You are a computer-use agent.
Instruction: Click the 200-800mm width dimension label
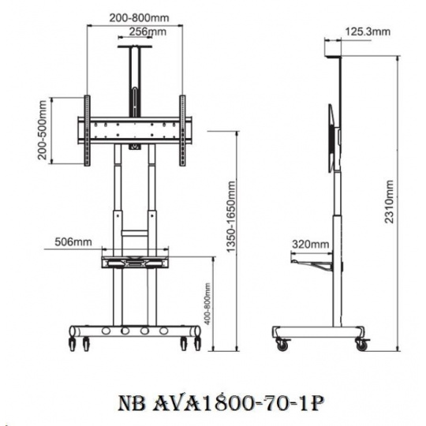139,18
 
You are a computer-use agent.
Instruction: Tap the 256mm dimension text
148,32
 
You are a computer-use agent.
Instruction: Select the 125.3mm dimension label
368,32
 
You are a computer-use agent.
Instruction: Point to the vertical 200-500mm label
43,130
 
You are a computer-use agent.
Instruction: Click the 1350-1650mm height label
231,216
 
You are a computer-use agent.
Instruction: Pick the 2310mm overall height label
389,201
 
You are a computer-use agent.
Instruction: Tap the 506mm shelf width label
73,241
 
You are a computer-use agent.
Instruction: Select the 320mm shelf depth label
311,245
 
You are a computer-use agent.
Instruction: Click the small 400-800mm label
207,304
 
